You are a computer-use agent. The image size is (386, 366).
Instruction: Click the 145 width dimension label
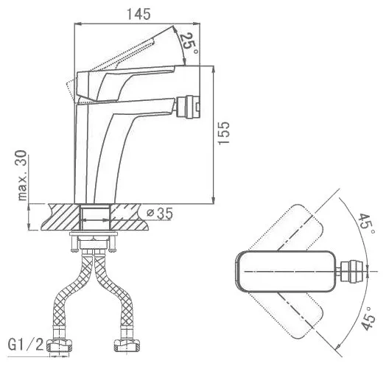coord(138,14)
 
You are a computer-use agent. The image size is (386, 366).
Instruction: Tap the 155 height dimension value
coord(224,133)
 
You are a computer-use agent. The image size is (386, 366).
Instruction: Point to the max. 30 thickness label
coord(22,175)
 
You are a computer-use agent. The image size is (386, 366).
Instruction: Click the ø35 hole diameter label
coord(160,213)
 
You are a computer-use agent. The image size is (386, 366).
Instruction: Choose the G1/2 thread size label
coord(26,345)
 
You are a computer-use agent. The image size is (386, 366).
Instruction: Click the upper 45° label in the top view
coord(367,224)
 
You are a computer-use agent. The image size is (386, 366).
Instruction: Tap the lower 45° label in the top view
coord(368,318)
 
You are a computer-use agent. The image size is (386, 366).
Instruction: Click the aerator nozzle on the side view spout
coord(188,107)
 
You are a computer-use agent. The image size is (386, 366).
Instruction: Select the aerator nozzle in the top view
coord(352,271)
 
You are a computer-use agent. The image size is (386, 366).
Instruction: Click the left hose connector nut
coord(60,345)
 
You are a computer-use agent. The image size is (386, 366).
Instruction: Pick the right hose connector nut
coord(127,345)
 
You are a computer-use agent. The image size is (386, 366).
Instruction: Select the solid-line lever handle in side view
coord(125,83)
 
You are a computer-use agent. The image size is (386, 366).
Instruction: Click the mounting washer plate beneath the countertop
coord(94,233)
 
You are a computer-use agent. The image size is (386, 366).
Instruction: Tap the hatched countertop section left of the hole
coord(61,217)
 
